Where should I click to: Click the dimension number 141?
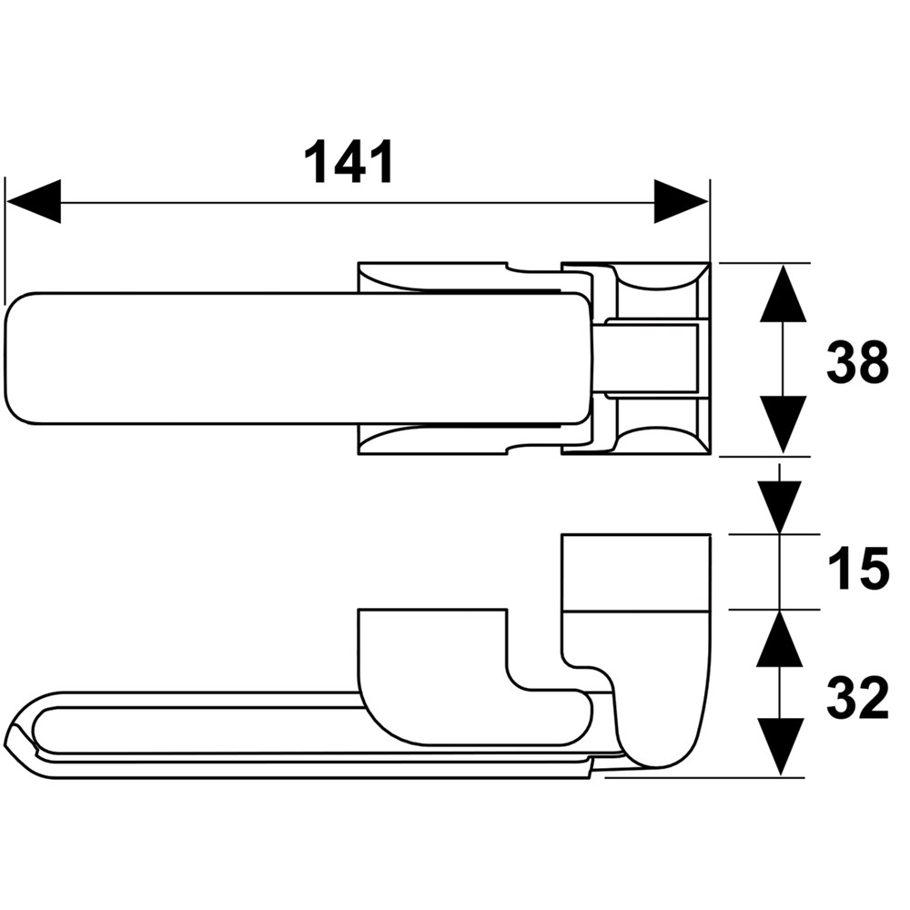tap(349, 162)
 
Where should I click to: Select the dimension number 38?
tap(857, 363)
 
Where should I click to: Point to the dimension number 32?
tap(857, 698)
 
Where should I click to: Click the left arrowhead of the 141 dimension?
tap(33, 201)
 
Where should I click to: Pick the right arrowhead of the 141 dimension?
tap(682, 201)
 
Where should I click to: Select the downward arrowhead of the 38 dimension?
tap(784, 424)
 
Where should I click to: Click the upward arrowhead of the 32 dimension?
tap(780, 638)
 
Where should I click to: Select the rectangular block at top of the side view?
tap(635, 572)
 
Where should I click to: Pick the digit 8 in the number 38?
tap(874, 363)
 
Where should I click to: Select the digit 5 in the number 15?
tap(873, 570)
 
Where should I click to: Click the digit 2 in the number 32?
tap(874, 698)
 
